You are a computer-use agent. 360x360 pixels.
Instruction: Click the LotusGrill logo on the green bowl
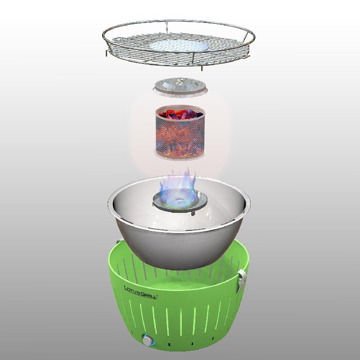[140, 292]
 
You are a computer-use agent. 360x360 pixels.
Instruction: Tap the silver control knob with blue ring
[148, 340]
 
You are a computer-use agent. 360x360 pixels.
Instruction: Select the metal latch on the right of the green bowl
[242, 280]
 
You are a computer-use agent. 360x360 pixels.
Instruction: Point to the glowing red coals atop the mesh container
[180, 114]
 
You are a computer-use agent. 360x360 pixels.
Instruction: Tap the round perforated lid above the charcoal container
[180, 87]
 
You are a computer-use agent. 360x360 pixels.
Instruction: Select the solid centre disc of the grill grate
[179, 45]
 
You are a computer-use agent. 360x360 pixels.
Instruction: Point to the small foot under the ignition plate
[193, 213]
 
